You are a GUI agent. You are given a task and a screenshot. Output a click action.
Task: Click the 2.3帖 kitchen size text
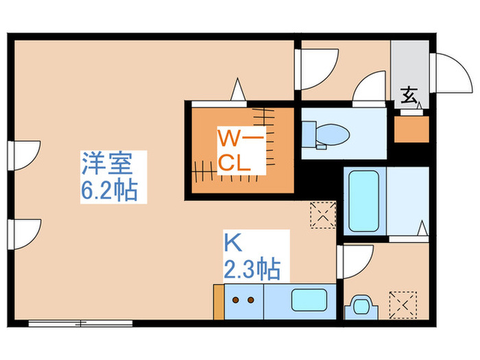[252, 269]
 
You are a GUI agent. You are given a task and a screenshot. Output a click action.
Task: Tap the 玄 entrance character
[409, 96]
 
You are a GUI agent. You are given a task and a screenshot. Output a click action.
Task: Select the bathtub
[363, 200]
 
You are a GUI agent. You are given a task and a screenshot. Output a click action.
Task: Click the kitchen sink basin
[310, 300]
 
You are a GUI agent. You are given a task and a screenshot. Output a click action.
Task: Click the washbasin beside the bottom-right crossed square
[360, 305]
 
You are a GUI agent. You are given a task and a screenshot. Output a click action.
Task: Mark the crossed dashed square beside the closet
[322, 213]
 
